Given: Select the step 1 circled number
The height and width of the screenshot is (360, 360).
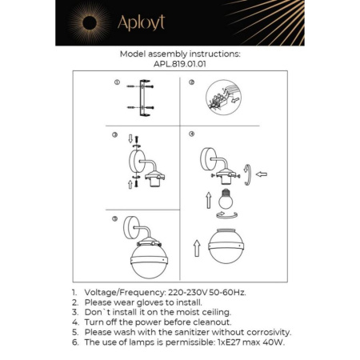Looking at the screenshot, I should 116,83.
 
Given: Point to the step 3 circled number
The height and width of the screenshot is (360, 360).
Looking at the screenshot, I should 116,135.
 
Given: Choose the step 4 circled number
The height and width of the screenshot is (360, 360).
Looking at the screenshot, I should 192,134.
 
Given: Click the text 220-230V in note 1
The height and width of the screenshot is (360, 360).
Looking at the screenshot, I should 189,294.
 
